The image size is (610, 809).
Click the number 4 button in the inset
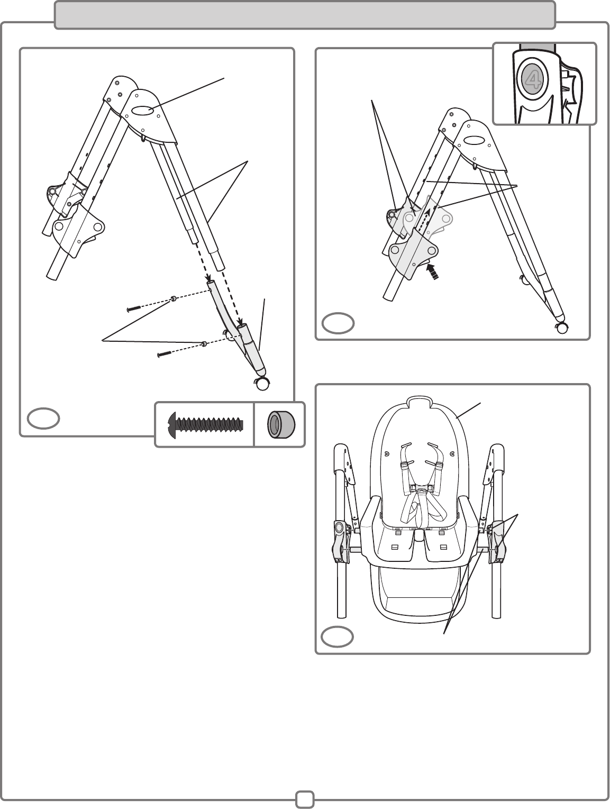pos(532,79)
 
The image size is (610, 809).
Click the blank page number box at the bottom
pos(305,799)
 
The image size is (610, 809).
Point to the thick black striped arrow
pos(433,271)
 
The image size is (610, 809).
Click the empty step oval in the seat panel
pos(338,637)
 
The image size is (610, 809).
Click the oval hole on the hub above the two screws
pos(143,111)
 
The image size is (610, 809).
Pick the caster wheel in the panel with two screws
pos(261,384)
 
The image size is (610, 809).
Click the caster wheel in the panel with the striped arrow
pos(561,328)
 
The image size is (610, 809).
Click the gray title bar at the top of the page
pos(305,14)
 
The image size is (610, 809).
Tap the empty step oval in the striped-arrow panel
pos(338,323)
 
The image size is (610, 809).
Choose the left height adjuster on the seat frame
pos(339,540)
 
